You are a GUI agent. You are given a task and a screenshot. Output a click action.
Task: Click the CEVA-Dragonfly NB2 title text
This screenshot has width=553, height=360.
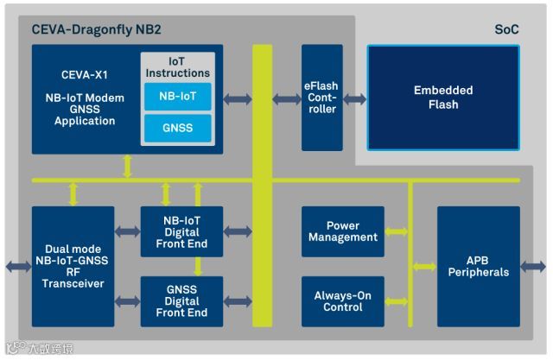pyautogui.click(x=96, y=29)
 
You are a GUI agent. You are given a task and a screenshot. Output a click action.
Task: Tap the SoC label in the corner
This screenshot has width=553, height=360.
pyautogui.click(x=506, y=29)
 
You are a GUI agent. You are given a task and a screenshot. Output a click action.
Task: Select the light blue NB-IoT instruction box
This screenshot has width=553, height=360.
pyautogui.click(x=178, y=97)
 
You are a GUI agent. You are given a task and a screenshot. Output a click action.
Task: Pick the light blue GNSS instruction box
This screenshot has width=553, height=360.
pyautogui.click(x=178, y=129)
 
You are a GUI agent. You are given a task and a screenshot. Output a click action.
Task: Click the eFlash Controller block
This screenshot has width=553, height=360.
pyautogui.click(x=322, y=98)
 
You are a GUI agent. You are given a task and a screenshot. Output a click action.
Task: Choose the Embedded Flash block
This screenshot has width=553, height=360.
pyautogui.click(x=443, y=98)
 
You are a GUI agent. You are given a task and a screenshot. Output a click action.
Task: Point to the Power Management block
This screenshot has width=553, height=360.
pyautogui.click(x=343, y=231)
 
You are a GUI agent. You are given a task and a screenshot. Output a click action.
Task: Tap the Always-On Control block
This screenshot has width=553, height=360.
pyautogui.click(x=343, y=301)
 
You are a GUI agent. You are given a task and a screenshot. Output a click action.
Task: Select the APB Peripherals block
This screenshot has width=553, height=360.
pyautogui.click(x=479, y=267)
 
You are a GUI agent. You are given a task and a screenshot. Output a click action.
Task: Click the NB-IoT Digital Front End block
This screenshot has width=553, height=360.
pyautogui.click(x=181, y=231)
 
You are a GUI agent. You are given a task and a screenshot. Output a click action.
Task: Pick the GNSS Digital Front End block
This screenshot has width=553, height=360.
pyautogui.click(x=181, y=301)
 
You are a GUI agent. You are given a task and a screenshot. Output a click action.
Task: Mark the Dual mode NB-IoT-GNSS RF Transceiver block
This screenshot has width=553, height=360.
pyautogui.click(x=73, y=267)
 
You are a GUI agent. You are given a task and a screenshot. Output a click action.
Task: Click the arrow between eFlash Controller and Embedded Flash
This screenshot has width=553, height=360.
pyautogui.click(x=355, y=99)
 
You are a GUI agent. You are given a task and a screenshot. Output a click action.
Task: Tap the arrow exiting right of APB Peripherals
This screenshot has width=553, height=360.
pyautogui.click(x=533, y=267)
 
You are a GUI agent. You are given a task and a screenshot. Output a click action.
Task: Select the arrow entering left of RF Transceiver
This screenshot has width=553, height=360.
pyautogui.click(x=19, y=267)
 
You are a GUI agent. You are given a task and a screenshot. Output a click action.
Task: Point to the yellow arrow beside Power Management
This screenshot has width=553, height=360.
pyautogui.click(x=397, y=231)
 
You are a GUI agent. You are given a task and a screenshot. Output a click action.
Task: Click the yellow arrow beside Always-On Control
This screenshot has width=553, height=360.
pyautogui.click(x=397, y=302)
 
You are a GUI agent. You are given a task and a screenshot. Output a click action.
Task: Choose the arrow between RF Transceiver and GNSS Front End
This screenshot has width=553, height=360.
pyautogui.click(x=127, y=301)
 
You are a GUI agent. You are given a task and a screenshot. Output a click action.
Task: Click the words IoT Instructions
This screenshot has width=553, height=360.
pyautogui.click(x=177, y=67)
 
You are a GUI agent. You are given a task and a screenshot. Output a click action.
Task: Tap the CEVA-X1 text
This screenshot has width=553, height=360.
pyautogui.click(x=85, y=75)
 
